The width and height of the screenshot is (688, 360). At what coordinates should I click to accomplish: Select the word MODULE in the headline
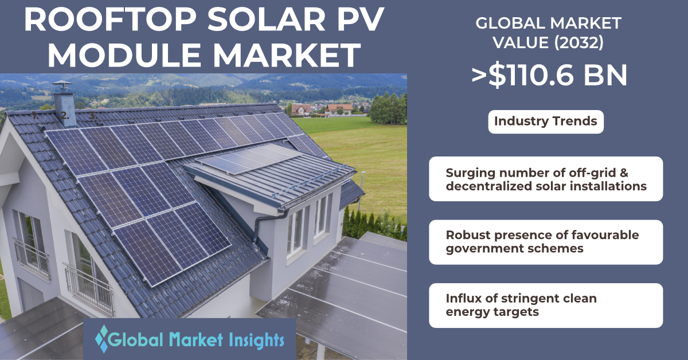[x=124, y=55]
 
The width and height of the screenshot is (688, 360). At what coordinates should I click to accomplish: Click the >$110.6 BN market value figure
[x=549, y=76]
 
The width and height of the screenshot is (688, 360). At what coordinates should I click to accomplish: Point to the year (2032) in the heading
[x=579, y=42]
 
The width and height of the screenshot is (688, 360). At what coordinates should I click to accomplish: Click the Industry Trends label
[x=546, y=122]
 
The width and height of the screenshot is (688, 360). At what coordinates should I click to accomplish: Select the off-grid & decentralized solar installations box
[x=546, y=179]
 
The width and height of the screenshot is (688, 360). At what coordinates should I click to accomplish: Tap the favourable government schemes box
[x=546, y=242]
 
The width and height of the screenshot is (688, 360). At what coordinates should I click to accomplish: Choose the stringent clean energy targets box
[x=546, y=306]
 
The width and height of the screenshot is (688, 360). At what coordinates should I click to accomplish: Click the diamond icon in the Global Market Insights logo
[x=101, y=339]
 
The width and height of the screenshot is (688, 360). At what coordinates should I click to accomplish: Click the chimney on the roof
[x=64, y=104]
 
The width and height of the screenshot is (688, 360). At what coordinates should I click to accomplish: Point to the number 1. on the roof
[x=36, y=116]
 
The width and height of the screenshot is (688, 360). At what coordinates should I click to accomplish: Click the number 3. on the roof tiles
[x=93, y=116]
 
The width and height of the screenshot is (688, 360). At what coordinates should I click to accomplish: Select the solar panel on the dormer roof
[x=248, y=159]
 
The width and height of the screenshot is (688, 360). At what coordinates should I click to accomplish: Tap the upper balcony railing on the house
[x=32, y=258]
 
